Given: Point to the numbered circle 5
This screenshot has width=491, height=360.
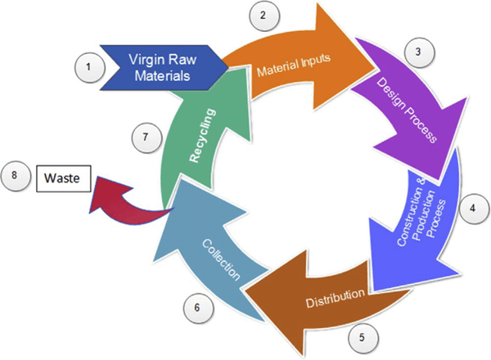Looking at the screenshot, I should pos(361,335).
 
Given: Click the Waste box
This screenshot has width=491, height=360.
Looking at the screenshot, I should pos(64,177).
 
